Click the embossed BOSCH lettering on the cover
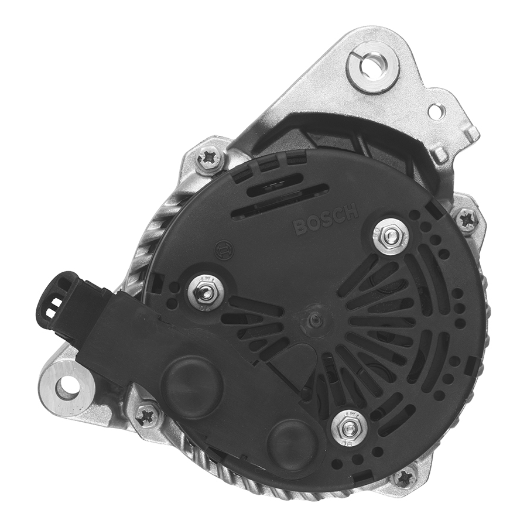[x=326, y=219]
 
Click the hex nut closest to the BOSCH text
[x=390, y=235]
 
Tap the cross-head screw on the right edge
[x=467, y=220]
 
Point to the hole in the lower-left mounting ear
[x=68, y=386]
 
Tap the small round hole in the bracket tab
[x=436, y=111]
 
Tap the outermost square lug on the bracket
[x=472, y=134]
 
